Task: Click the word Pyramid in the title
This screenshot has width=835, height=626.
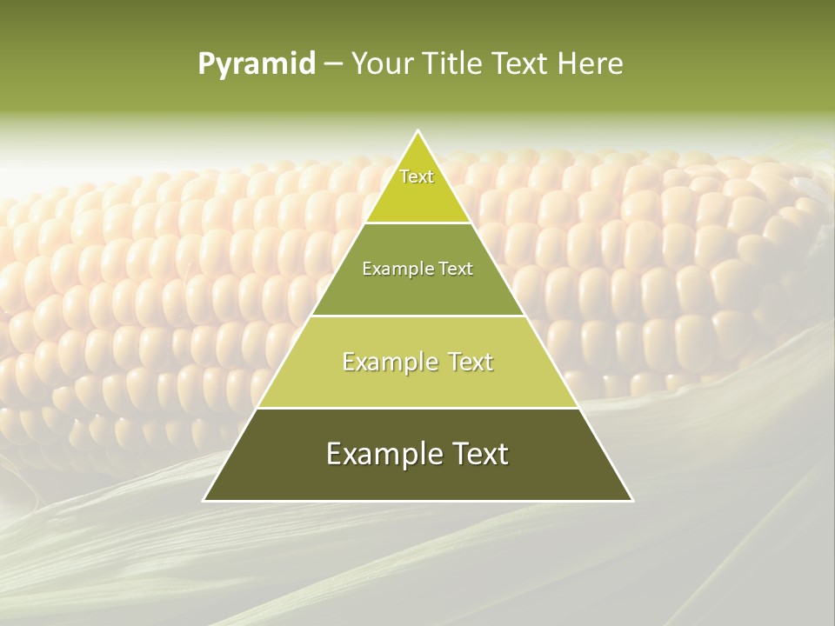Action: [x=257, y=64]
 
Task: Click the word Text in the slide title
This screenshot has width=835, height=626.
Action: [x=522, y=63]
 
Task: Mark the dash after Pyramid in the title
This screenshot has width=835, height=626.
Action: [x=333, y=65]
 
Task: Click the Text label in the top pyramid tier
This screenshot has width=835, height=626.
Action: [x=417, y=176]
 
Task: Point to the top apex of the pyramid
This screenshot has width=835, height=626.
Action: [x=418, y=131]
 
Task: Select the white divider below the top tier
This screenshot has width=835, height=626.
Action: [x=418, y=223]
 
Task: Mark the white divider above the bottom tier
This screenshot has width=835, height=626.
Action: [x=418, y=408]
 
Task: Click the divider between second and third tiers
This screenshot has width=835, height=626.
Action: [x=418, y=316]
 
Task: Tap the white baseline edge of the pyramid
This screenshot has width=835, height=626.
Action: [x=418, y=501]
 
